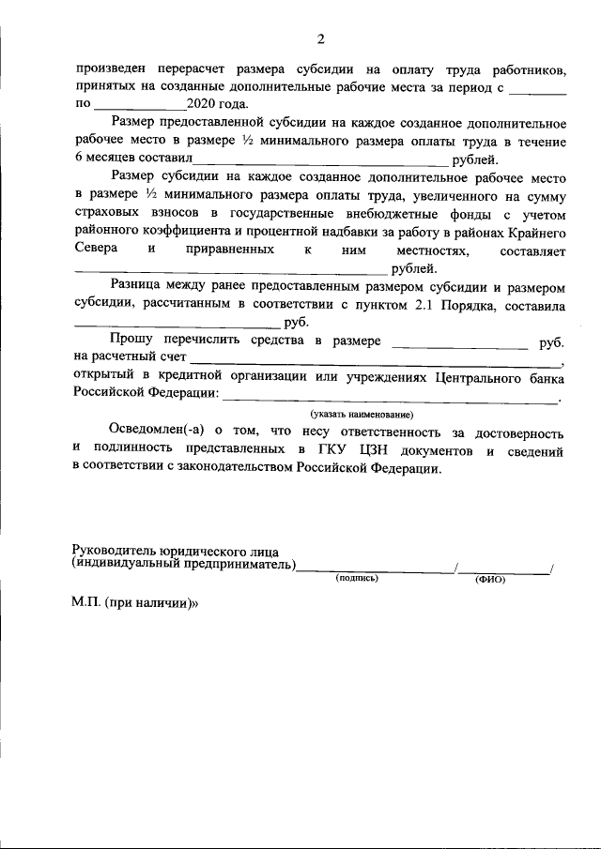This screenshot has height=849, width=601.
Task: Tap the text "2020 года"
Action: [217, 104]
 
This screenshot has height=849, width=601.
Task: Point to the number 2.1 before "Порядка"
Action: [426, 306]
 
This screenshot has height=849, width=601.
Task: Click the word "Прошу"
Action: [135, 341]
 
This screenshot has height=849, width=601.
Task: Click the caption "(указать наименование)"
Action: [362, 414]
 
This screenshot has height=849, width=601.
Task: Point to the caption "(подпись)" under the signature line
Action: [357, 579]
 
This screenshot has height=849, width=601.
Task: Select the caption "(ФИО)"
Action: [489, 579]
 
